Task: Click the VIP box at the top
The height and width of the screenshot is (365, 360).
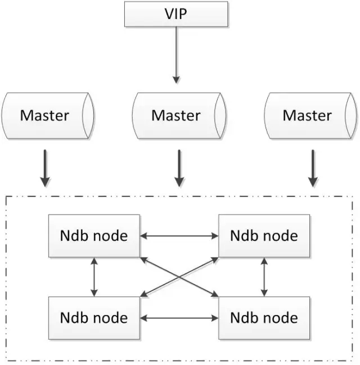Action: (176, 14)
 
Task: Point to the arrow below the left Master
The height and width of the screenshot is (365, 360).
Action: (45, 167)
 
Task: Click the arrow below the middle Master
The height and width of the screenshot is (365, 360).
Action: (179, 167)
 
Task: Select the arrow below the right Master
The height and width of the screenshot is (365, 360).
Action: (313, 167)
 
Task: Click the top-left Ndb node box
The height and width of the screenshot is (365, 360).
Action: (94, 235)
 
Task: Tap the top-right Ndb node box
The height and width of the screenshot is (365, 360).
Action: (264, 235)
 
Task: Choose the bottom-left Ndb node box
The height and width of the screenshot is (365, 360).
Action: (94, 318)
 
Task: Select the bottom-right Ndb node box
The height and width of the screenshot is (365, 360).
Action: (264, 318)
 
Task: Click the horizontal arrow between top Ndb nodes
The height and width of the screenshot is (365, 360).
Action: (179, 235)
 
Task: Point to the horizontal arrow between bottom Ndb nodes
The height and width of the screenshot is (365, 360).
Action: (179, 318)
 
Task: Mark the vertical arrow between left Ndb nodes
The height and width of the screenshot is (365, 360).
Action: (94, 276)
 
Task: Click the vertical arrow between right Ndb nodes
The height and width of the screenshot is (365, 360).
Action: (264, 276)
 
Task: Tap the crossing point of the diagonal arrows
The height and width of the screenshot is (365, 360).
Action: (179, 276)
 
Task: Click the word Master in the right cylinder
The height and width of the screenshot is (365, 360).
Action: (307, 116)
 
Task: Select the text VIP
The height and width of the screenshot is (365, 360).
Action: (176, 14)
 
